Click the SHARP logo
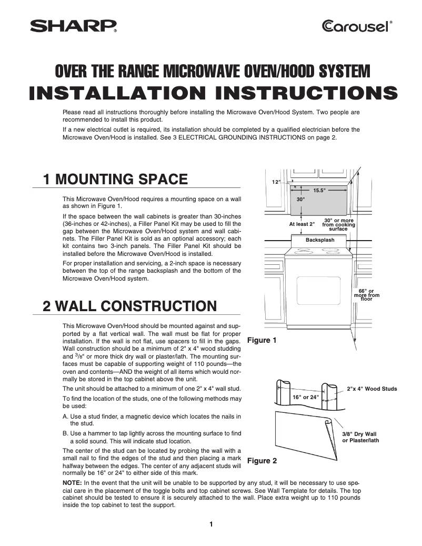coord(73,26)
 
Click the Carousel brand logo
coord(356,26)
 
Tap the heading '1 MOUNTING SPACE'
coord(115,180)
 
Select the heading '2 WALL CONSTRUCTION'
coord(129,306)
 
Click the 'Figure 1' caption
coord(262,341)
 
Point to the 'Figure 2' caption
coord(262,461)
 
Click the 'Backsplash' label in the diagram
coord(319,240)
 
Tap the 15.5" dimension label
coord(320,190)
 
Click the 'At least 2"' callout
coord(302,224)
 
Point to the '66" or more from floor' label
coord(366,295)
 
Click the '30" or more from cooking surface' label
coord(338,225)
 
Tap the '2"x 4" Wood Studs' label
coord(372,389)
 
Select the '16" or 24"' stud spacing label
coord(305,397)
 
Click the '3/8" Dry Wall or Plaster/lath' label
coord(360,437)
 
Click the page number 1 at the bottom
coord(210,524)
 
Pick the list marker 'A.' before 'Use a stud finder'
coord(65,416)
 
